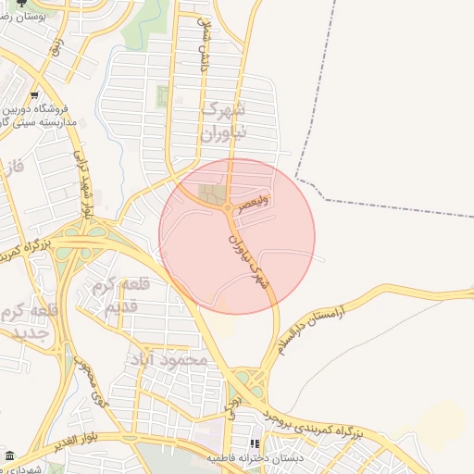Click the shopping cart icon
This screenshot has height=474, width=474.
[34, 95]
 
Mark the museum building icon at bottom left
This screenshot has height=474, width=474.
[9, 456]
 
